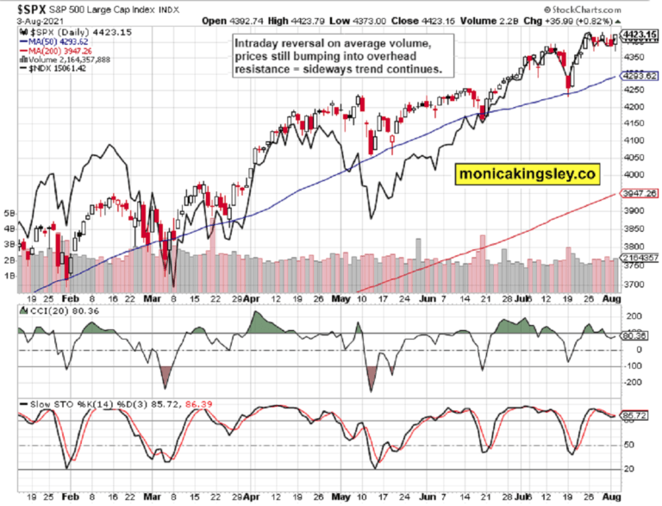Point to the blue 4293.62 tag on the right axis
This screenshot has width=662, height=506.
click(640, 76)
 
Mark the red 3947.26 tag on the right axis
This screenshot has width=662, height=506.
click(640, 194)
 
